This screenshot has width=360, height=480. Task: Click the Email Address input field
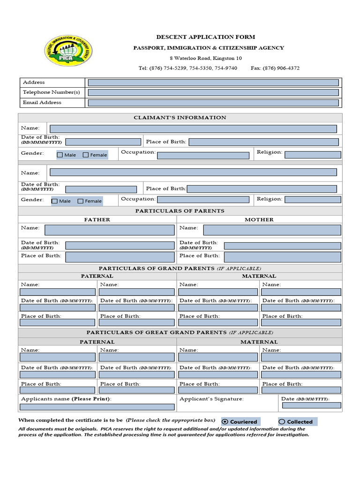click(x=213, y=103)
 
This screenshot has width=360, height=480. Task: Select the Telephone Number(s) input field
click(x=213, y=92)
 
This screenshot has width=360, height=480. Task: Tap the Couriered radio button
click(x=225, y=422)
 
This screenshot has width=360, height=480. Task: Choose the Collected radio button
click(x=282, y=422)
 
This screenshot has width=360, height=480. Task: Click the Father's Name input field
click(x=109, y=230)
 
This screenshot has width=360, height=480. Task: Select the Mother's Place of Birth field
click(x=282, y=257)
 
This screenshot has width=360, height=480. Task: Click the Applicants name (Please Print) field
click(x=97, y=407)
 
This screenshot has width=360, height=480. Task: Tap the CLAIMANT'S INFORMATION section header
click(x=180, y=118)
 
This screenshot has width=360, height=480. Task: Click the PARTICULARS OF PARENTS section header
click(x=180, y=211)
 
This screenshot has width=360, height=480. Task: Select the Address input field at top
click(x=213, y=82)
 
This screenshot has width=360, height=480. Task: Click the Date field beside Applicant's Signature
click(x=311, y=405)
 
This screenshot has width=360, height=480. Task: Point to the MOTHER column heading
click(x=259, y=219)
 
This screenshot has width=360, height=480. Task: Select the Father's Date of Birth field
click(x=120, y=245)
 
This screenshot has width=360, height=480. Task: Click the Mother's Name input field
click(x=272, y=230)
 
